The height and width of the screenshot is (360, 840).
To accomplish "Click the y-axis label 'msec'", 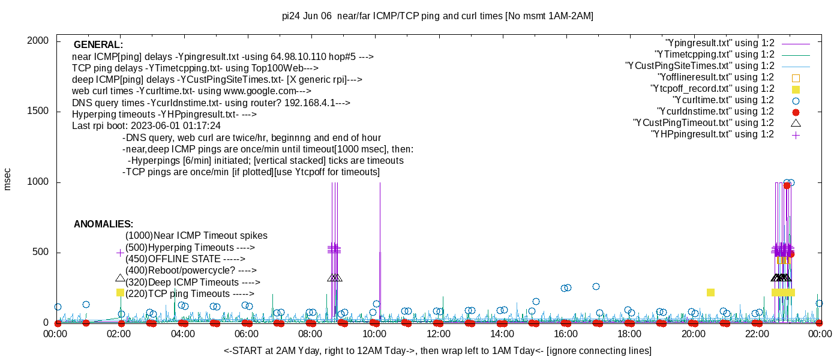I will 8,179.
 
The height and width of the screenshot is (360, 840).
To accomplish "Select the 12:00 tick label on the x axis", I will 438,334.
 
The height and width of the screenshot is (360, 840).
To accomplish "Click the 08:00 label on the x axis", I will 310,334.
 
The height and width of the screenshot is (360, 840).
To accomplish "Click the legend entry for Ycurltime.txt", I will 723,100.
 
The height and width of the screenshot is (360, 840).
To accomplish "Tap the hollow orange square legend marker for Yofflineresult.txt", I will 796,77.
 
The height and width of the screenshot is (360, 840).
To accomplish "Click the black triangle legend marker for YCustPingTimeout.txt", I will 796,123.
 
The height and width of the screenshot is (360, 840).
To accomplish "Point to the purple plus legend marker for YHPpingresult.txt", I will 796,134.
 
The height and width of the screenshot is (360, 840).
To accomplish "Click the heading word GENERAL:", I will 98,45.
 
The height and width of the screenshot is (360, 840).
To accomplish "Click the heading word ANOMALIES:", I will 103,224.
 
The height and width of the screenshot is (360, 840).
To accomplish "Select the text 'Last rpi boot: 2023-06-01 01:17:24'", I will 146,126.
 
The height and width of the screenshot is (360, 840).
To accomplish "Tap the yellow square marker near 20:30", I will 710,292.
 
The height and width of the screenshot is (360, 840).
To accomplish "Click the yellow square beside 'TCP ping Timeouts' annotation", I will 120,292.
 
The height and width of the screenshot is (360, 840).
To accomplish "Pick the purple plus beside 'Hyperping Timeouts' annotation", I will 120,253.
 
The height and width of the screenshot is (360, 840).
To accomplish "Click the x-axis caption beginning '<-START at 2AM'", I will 437,350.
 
